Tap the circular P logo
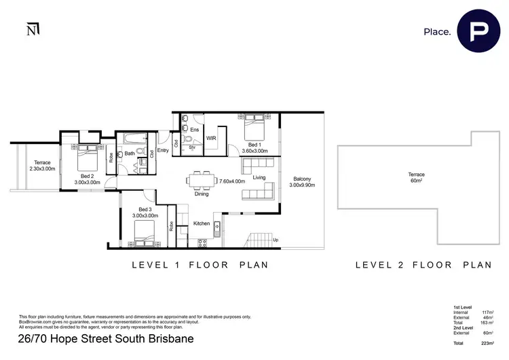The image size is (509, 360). coord(478,31)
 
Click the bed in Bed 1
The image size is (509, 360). coord(255,128)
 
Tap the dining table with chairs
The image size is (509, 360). coord(202,181)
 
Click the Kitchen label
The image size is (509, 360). coord(202,223)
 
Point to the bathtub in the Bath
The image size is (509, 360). coord(132,141)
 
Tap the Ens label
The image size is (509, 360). coord(194,128)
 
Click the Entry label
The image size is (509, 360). coord(163,151)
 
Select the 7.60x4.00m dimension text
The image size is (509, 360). coord(231,181)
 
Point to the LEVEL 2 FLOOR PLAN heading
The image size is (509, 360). coord(423,265)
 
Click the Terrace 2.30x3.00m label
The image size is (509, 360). coord(42,166)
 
